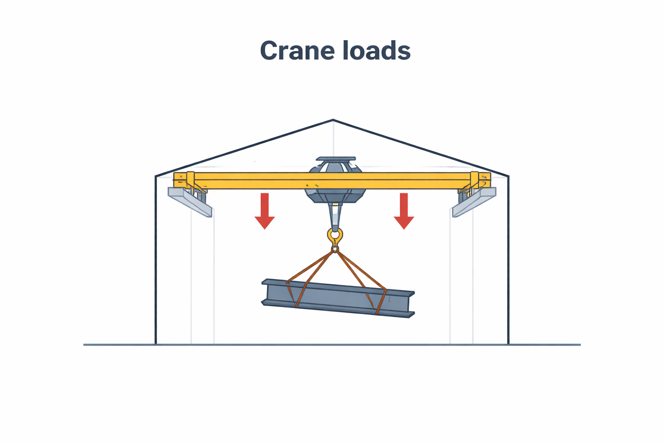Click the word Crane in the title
point(297,51)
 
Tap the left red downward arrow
point(265,211)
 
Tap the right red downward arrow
point(404,211)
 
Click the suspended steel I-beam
point(338,298)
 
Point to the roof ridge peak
point(333,120)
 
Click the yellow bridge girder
point(332,180)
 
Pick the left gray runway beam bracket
point(190,202)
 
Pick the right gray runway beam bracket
point(474,202)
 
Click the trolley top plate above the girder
point(335,159)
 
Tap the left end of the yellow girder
point(174,180)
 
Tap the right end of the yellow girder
point(490,180)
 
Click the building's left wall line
point(155,260)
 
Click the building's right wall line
point(509,260)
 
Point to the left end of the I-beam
point(262,292)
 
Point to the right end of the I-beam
point(413,305)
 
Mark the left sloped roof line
point(244,148)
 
